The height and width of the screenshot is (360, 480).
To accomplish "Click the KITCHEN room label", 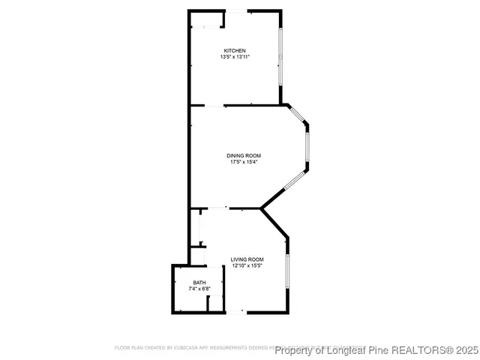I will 234,50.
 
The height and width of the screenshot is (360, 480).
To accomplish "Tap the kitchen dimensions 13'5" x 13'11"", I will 234,57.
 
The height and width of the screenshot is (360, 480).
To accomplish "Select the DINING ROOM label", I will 244,155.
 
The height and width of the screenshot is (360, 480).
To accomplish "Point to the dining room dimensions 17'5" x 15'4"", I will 244,162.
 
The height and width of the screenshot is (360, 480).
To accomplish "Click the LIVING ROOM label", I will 247,259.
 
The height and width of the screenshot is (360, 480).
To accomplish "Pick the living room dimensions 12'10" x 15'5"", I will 247,265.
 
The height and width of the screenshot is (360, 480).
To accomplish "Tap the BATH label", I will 199,282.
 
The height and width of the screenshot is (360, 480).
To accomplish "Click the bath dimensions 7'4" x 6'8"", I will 199,289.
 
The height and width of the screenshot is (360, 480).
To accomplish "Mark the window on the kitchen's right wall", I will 281,57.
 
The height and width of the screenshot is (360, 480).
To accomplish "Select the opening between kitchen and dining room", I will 213,106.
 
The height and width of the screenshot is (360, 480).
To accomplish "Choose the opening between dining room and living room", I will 217,208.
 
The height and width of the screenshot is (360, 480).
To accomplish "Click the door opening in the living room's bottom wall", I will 235,312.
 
